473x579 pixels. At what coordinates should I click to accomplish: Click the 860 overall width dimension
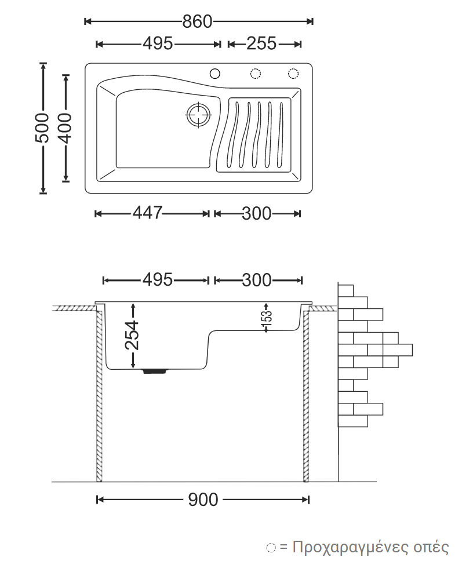coord(198,21)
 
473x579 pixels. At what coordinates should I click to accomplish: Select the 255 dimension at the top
coord(261,43)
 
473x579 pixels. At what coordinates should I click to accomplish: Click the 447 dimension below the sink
coord(147,213)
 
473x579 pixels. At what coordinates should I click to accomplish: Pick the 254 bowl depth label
coord(133,335)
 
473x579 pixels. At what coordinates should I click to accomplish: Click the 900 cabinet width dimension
coord(203,499)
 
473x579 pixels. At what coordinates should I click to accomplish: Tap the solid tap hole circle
coord(215,73)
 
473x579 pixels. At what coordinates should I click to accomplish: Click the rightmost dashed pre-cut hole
coord(293,73)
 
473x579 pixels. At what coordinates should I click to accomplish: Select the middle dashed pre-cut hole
coord(255,73)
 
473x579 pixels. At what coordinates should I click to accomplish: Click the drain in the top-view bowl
coord(198,114)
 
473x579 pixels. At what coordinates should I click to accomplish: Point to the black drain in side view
coord(155,371)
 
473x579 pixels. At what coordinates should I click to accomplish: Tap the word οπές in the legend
coord(431,547)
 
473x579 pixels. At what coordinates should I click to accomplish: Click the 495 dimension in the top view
coord(158,43)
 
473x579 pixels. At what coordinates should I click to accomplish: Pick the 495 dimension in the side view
coord(158,280)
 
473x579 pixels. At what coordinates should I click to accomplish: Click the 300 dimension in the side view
coord(256,280)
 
